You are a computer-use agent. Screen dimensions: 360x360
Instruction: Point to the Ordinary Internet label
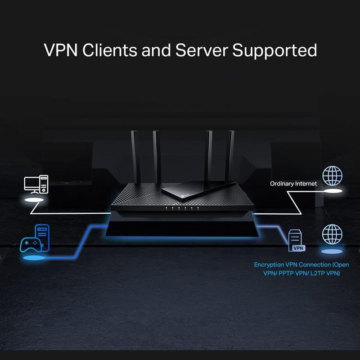[293, 184]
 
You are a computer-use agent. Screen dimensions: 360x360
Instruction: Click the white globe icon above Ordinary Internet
[333, 175]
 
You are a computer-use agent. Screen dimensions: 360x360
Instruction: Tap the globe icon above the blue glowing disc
[332, 234]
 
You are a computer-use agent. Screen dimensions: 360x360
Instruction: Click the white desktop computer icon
[36, 185]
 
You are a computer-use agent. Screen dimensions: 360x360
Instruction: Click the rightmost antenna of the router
[231, 155]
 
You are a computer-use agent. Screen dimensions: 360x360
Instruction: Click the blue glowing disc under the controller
[33, 258]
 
